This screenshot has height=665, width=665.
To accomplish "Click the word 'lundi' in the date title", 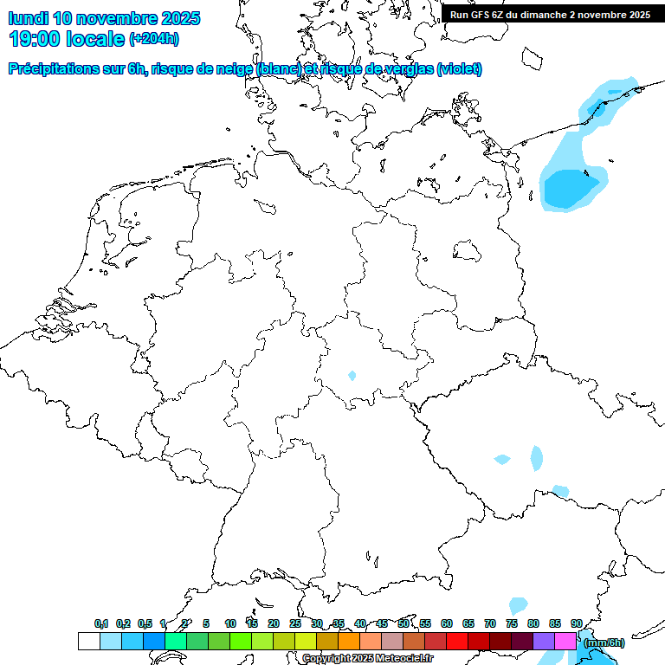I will click(28, 18).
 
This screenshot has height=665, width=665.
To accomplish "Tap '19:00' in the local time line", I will click(36, 38).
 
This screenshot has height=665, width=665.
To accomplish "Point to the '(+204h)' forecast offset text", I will click(153, 39).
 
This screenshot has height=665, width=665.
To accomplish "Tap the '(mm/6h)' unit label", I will click(604, 642).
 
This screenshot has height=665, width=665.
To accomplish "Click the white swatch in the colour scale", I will click(88, 642).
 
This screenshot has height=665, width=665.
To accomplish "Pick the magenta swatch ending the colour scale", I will click(565, 642).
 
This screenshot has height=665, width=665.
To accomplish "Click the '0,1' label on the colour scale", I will click(101, 623).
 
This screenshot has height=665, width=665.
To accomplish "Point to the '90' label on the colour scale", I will click(577, 623).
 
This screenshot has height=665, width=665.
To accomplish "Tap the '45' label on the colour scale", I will click(382, 623).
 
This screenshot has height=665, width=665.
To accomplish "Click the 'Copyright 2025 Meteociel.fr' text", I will click(367, 659).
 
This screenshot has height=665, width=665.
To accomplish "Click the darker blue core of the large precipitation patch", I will click(569, 188).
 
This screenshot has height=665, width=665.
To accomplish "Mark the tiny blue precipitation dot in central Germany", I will click(352, 376).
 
